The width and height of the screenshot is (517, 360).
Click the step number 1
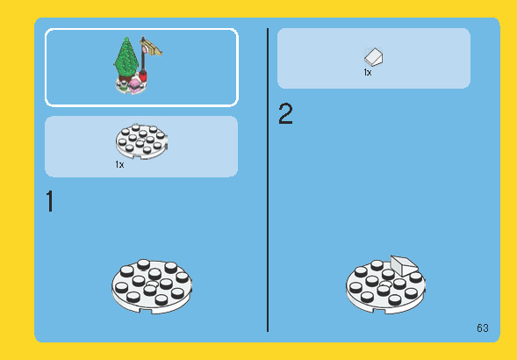50,201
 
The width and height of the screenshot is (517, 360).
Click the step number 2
285,114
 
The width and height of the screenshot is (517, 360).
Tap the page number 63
483,328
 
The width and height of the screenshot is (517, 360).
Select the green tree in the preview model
126,57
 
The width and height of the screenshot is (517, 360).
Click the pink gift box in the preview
134,85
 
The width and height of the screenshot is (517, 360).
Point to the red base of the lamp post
142,76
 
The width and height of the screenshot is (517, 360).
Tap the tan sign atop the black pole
151,47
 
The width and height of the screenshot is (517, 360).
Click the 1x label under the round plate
119,164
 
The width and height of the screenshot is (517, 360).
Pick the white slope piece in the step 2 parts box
374,57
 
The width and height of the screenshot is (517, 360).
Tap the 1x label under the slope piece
368,72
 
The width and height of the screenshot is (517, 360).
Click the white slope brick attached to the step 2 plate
404,265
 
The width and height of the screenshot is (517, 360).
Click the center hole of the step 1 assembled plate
152,284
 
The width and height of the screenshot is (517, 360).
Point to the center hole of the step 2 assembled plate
385,284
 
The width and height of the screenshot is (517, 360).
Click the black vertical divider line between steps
268,180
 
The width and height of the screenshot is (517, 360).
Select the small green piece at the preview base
123,86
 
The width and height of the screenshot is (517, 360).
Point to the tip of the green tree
126,38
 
